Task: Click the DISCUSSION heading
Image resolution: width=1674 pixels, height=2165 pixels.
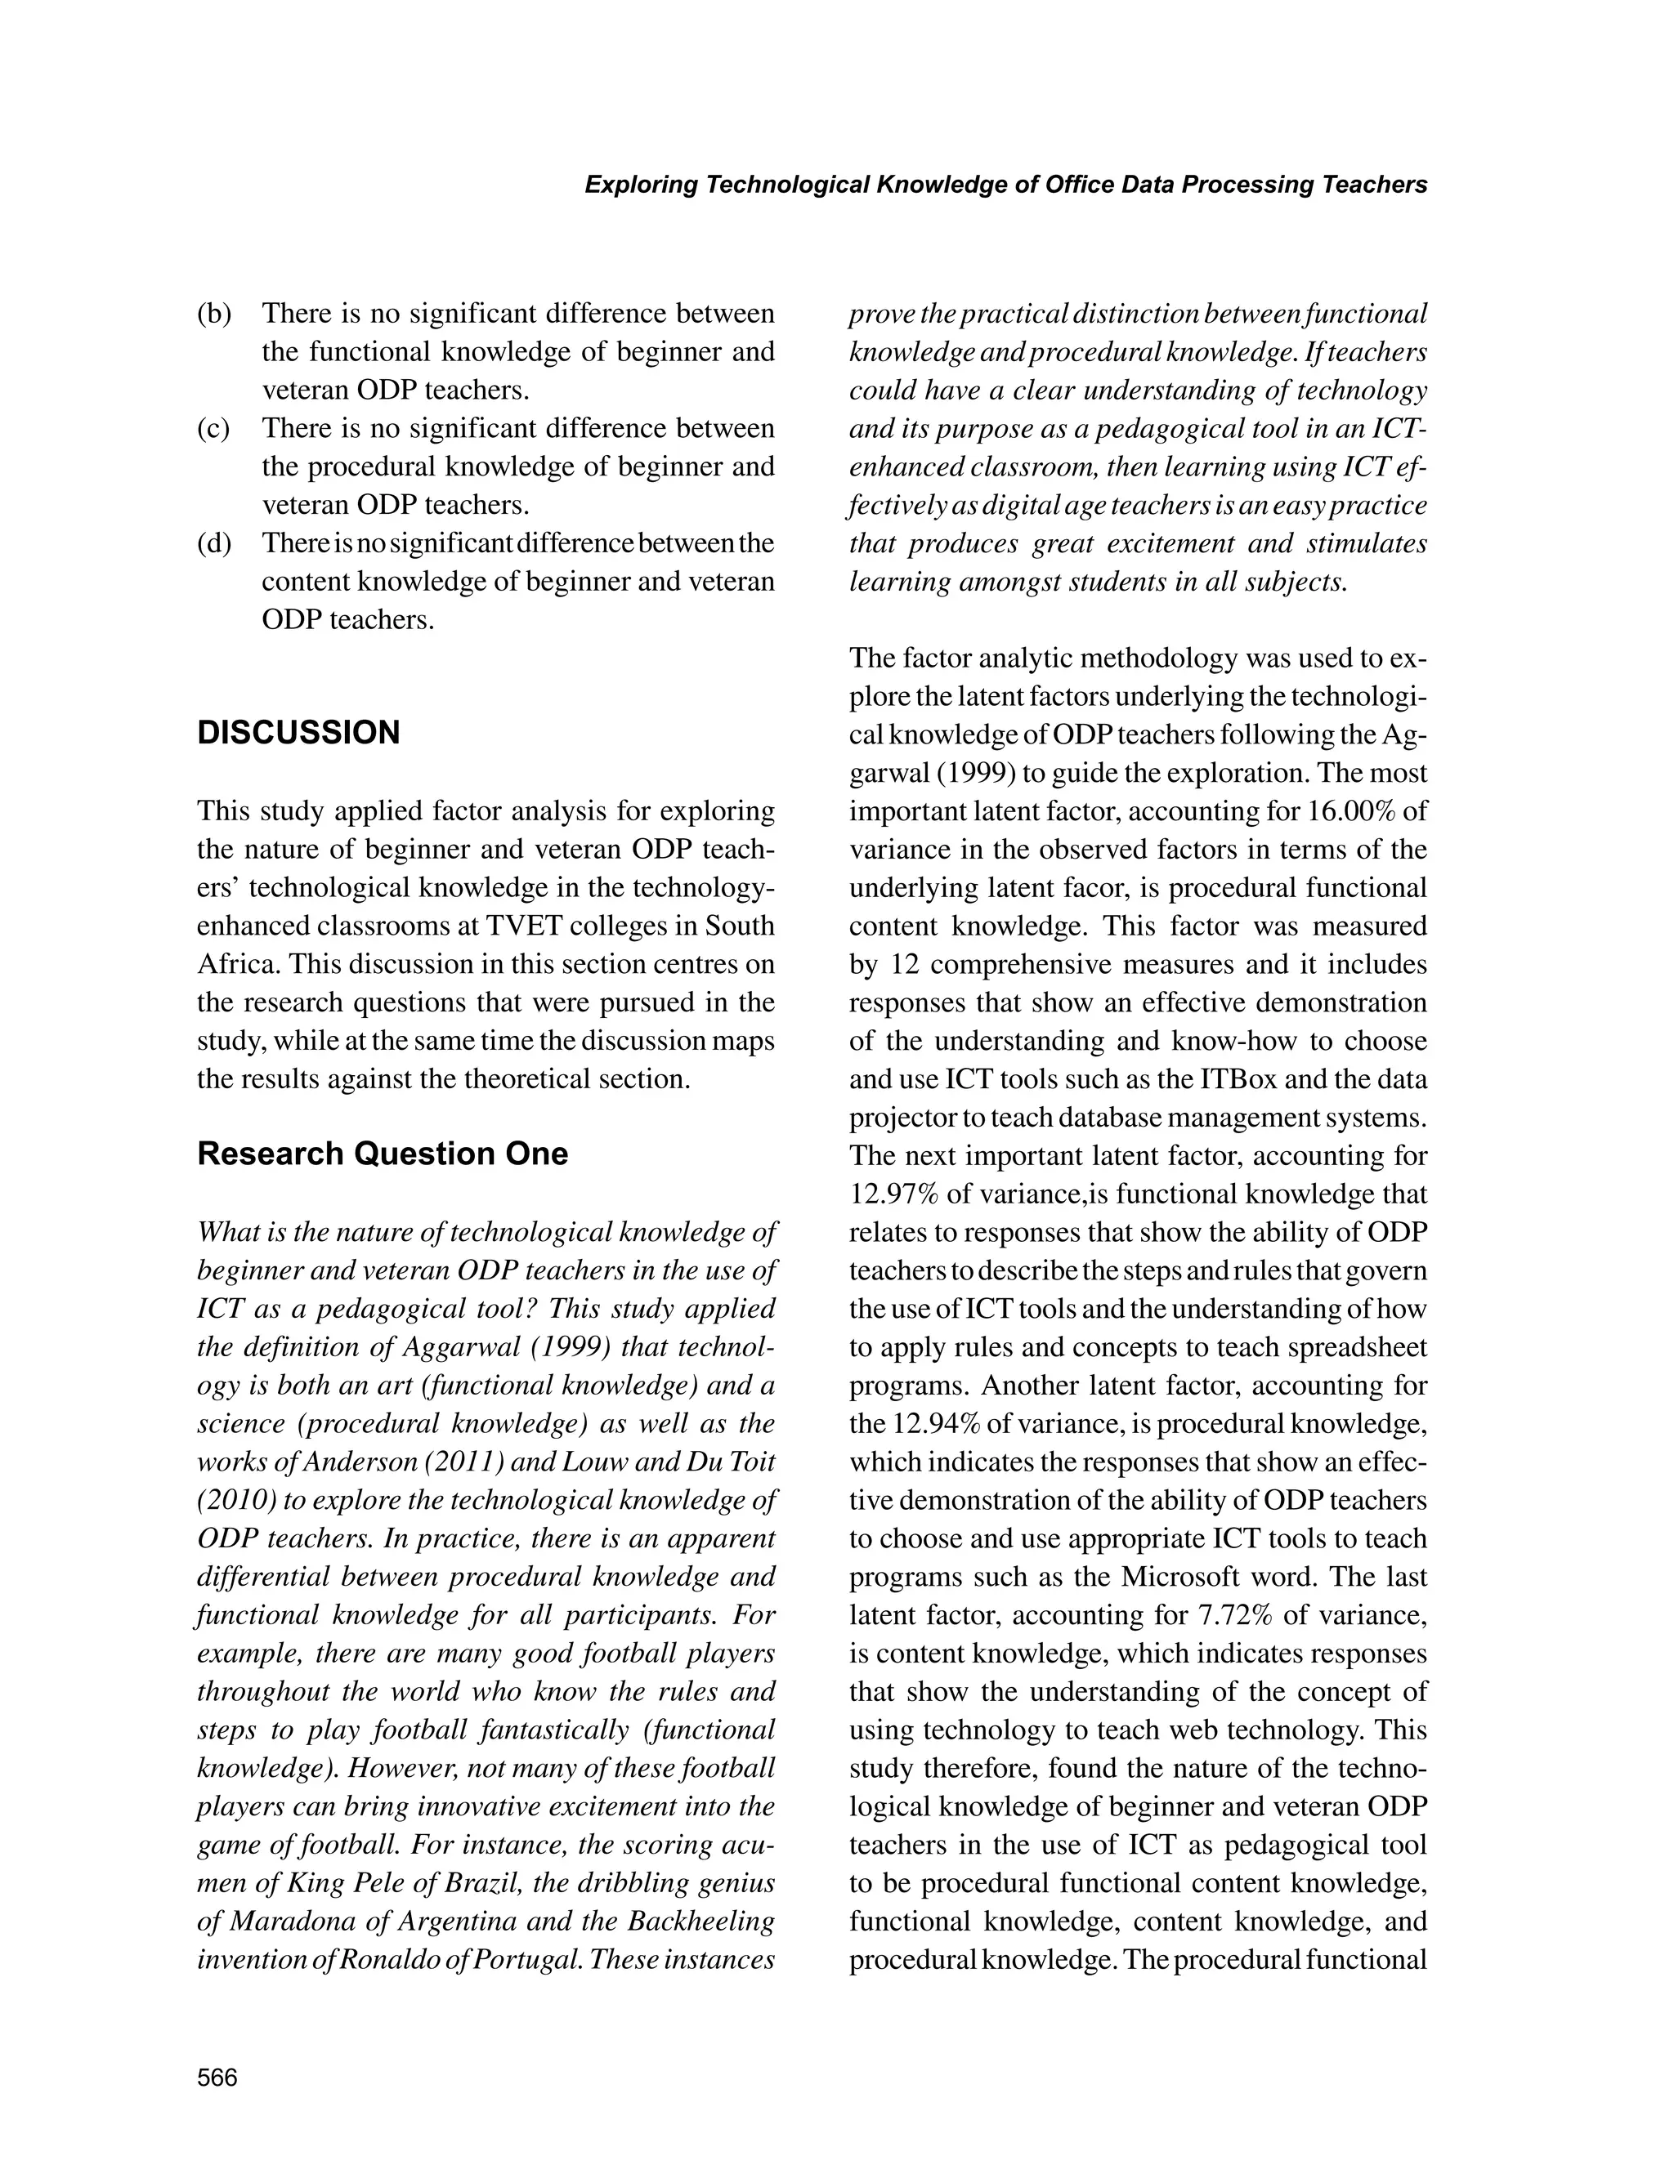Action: [x=298, y=734]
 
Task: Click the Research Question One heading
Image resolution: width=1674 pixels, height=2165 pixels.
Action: [x=382, y=1154]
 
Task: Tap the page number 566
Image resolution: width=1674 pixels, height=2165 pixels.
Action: [x=217, y=2078]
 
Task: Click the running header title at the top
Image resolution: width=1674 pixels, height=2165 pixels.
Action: [x=1005, y=185]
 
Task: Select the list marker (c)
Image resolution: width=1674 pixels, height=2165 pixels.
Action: [x=213, y=429]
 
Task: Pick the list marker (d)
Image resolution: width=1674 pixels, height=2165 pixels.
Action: [x=214, y=544]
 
